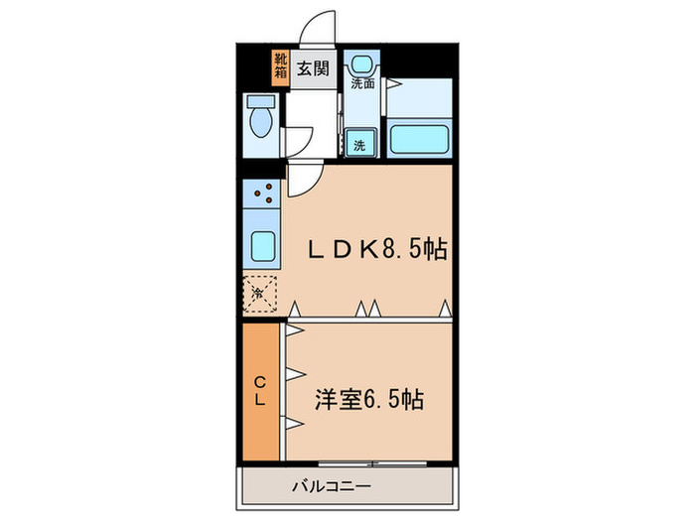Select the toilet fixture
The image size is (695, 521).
click(261, 120)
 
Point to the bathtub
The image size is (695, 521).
click(421, 137)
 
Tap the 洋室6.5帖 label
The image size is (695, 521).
click(370, 400)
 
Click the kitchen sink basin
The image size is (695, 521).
click(263, 244)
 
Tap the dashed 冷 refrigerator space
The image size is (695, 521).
click(261, 293)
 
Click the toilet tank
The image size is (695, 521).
click(261, 101)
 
